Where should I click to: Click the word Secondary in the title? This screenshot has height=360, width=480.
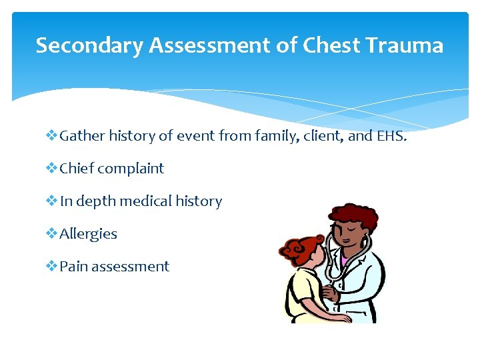(89, 45)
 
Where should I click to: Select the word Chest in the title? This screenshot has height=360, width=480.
(329, 45)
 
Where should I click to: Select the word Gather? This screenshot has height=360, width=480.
(81, 136)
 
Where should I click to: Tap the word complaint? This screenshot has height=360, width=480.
(131, 169)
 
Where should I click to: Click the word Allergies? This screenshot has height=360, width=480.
(88, 234)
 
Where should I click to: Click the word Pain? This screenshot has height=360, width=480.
(74, 267)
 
